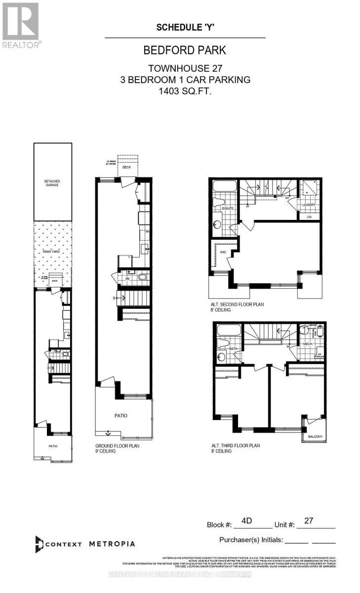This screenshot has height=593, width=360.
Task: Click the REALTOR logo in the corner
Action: (x=21, y=25)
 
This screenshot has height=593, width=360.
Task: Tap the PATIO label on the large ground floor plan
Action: (x=121, y=416)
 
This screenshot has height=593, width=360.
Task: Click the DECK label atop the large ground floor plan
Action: (x=128, y=168)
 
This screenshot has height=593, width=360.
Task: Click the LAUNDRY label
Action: (x=309, y=205)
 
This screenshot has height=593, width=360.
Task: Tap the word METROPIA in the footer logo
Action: (x=112, y=544)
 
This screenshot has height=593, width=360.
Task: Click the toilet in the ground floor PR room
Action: (x=143, y=277)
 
